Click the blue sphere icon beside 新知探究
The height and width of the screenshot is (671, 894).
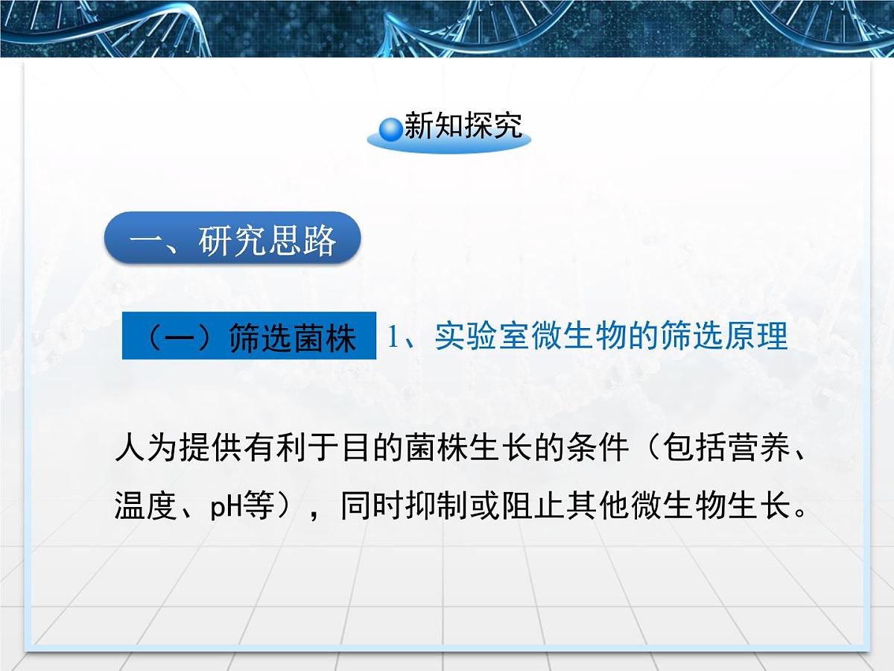(x=390, y=129)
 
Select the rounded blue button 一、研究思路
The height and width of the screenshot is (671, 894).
(x=232, y=239)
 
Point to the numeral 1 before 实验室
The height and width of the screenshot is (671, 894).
(x=393, y=337)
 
